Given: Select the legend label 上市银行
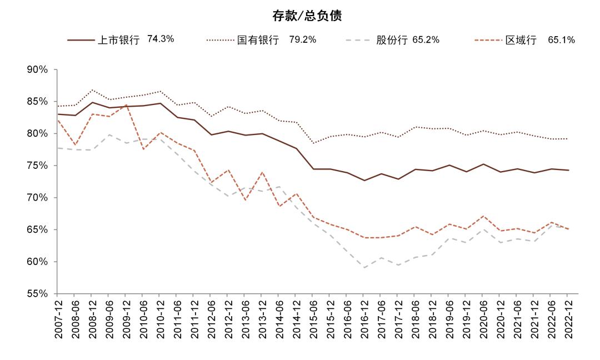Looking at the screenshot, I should (118, 41).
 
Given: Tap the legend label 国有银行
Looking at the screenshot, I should (258, 41).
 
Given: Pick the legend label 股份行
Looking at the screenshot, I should (392, 41).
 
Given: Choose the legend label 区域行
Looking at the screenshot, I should (521, 41).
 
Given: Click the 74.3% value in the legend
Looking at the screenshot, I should (161, 39).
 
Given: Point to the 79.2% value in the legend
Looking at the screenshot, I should (302, 40).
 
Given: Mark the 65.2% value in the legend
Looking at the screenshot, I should (426, 40).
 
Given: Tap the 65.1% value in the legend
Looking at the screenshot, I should (561, 40).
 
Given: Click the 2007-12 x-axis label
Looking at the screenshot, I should (58, 319).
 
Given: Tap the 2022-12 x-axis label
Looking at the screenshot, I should (567, 319).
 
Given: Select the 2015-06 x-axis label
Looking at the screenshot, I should (313, 319).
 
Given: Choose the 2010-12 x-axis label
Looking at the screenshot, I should (160, 319).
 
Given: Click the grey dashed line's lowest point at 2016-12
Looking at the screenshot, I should (364, 268).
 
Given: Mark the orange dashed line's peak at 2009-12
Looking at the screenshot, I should (126, 104).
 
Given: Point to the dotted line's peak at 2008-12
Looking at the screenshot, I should (92, 90).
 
